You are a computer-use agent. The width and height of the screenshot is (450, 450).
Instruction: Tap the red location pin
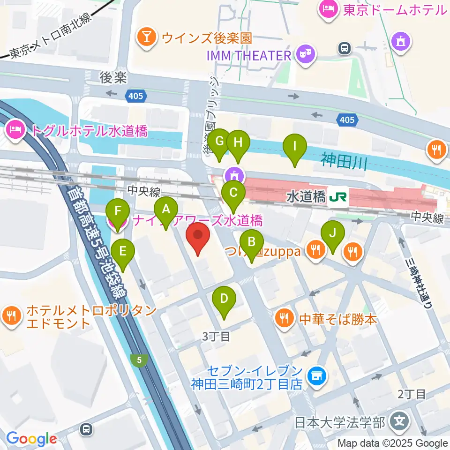click(198, 238)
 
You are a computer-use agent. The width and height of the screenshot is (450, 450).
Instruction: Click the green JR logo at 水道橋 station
click(338, 197)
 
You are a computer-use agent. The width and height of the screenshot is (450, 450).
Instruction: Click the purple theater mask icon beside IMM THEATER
click(306, 55)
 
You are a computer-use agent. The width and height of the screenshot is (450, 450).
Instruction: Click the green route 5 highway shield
click(139, 360)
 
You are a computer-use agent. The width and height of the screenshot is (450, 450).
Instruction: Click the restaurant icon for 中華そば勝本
click(284, 319)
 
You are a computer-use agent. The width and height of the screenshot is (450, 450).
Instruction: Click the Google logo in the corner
click(31, 439)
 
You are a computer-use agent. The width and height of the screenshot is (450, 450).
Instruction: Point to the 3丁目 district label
click(216, 336)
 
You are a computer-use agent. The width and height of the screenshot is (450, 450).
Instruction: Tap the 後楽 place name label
click(113, 77)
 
